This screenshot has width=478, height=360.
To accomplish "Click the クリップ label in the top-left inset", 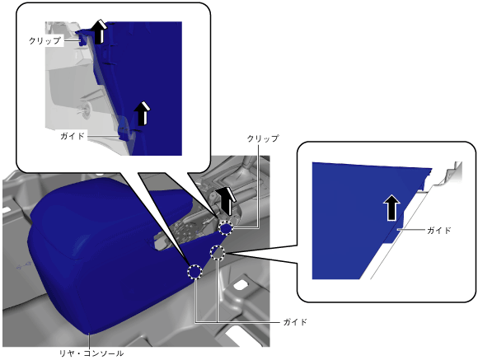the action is coord(45,40).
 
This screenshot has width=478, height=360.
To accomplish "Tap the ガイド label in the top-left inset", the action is coord(73,136).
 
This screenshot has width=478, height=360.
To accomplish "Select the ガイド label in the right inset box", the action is coord(439,230).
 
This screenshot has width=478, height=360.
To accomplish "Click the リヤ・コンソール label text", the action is coord(91,353).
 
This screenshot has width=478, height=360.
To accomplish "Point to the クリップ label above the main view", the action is coord(263,138).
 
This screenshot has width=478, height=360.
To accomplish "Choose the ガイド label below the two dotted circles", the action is coord(295,322).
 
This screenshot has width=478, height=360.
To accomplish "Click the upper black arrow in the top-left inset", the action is coord(100,31).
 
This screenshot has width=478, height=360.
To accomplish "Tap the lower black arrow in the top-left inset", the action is coord(143,114).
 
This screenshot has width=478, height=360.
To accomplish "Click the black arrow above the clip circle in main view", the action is coord(226,201).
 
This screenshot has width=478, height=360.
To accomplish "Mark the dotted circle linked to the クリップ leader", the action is coord(226,228).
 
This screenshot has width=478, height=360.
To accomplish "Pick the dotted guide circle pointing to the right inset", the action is coord(218,252).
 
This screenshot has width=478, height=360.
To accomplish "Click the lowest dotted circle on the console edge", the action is coord(195,271).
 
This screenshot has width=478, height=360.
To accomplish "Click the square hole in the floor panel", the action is coord(241,284).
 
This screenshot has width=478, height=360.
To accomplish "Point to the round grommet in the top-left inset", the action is coord(87,109).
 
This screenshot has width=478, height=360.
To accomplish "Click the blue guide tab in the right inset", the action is coord(394,231).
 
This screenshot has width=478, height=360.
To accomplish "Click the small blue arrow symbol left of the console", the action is coord(23,266).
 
